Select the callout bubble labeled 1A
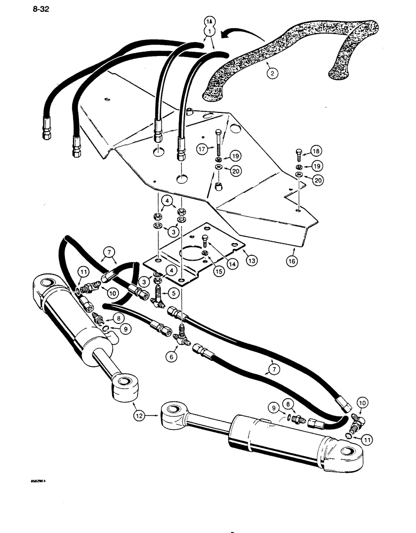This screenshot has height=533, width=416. (x=209, y=21)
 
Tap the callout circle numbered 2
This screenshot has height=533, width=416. (x=272, y=74)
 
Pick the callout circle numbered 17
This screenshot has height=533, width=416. (x=202, y=150)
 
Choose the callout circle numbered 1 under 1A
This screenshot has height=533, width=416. (x=209, y=32)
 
